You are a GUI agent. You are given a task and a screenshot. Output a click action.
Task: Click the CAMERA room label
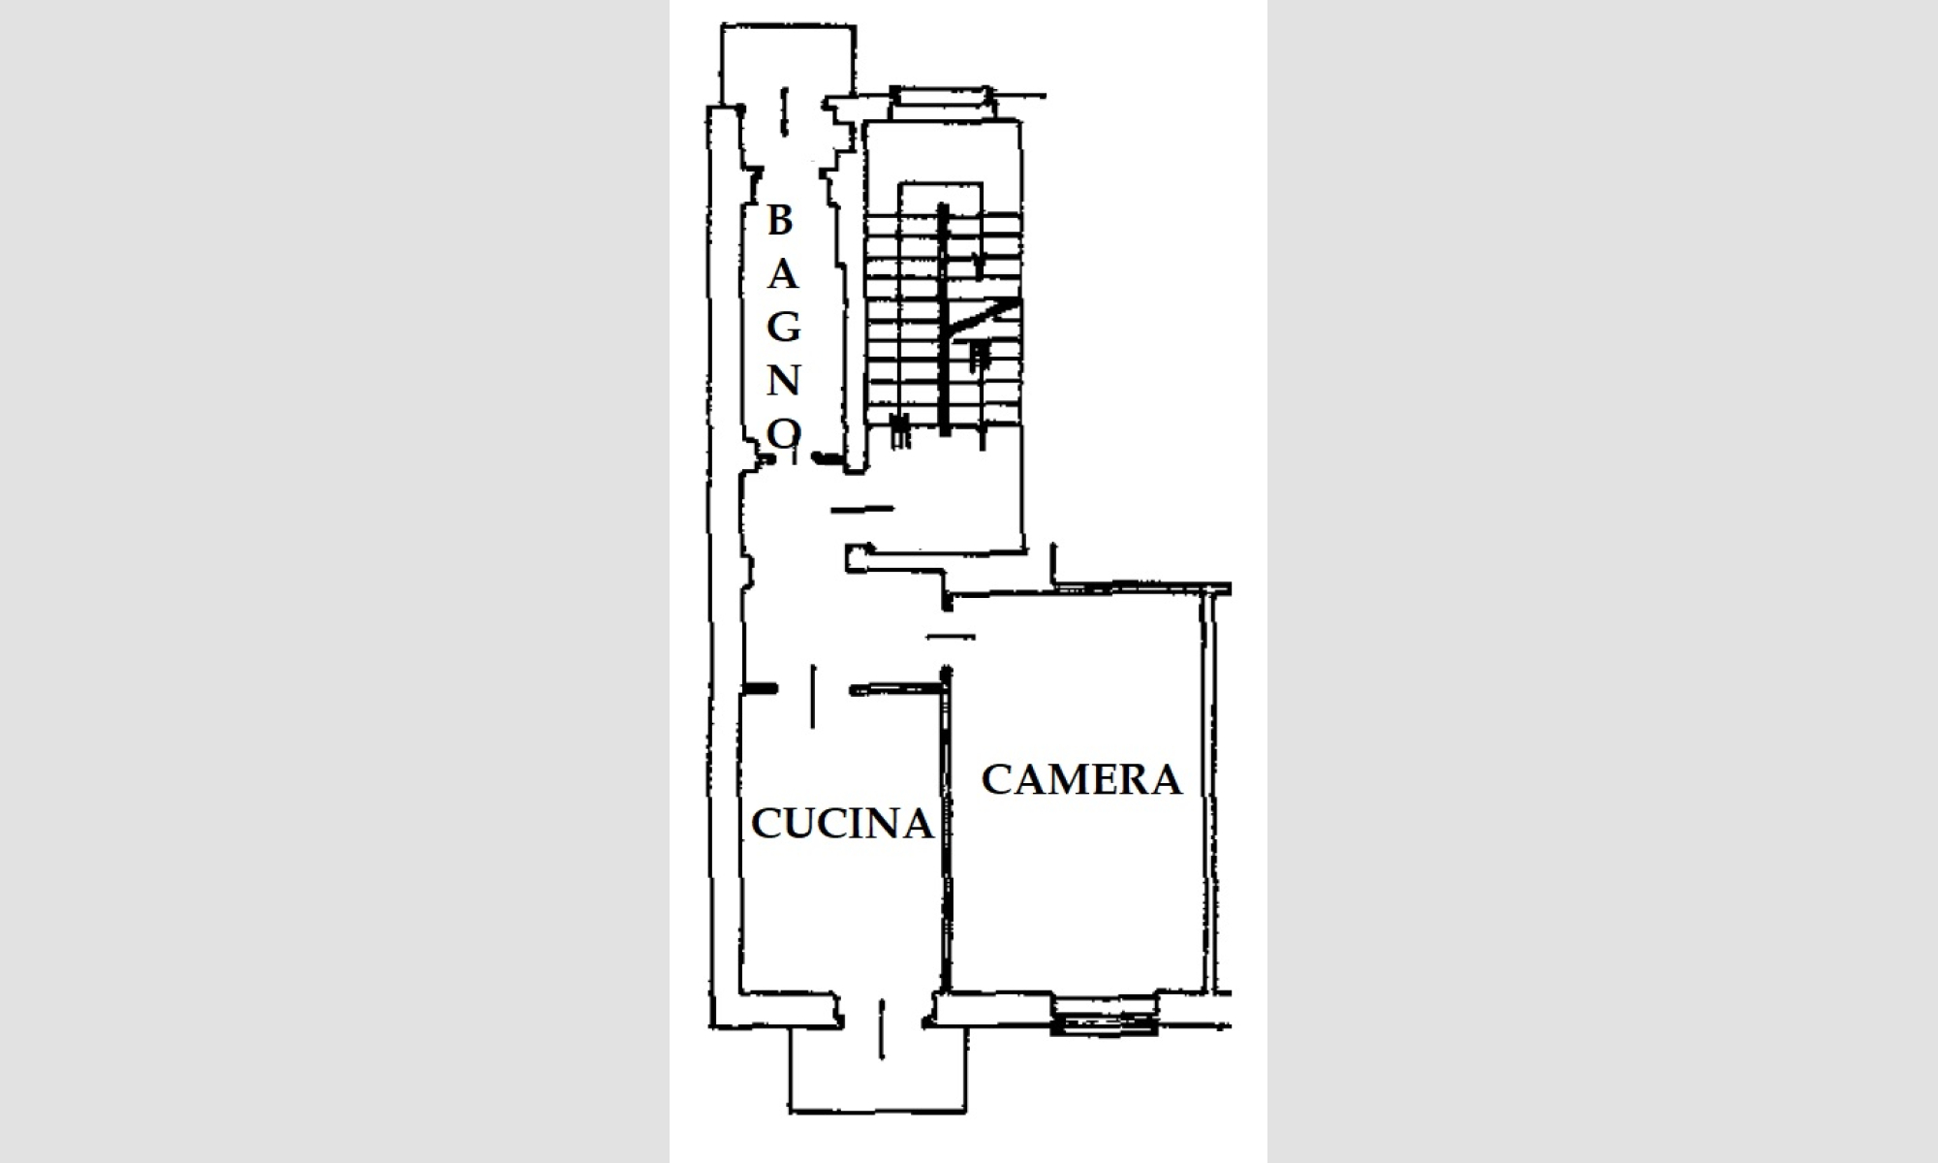[x=1081, y=779]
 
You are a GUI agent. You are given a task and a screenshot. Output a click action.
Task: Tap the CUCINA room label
[x=842, y=824]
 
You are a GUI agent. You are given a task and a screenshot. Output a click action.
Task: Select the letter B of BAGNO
[x=780, y=221]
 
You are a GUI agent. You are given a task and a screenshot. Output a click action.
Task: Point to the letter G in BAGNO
[x=784, y=328]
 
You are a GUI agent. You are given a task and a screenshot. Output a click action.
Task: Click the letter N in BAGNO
[x=784, y=381]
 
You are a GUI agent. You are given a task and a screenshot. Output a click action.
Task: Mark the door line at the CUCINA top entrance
[x=813, y=696]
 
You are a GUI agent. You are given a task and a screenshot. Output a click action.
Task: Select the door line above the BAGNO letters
[x=785, y=111]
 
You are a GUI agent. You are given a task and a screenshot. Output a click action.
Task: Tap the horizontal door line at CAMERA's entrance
[x=951, y=637]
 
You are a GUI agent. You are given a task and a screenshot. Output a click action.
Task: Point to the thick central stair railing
[x=942, y=319]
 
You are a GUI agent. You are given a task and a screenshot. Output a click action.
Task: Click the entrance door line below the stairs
[x=862, y=508]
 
